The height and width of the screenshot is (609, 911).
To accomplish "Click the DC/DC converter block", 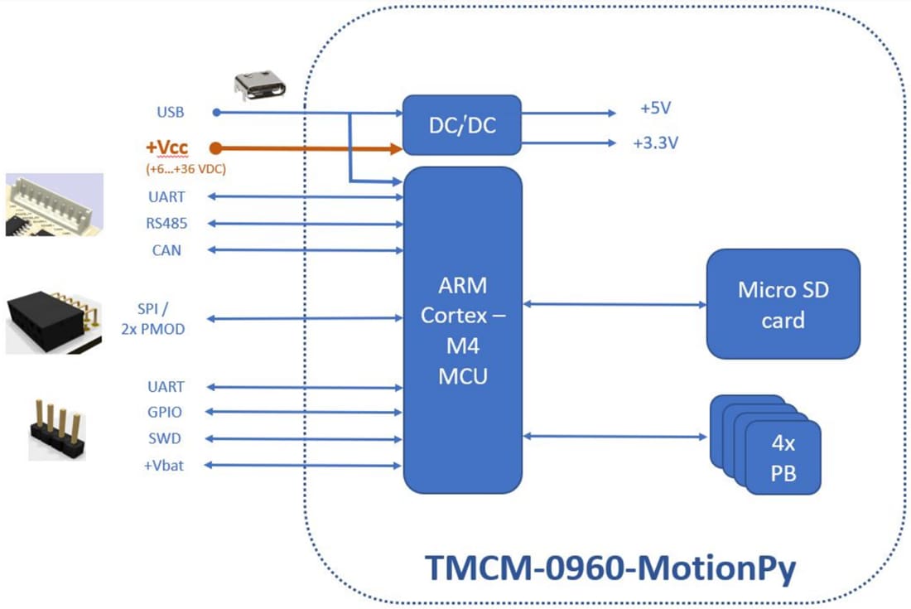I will tap(462, 125).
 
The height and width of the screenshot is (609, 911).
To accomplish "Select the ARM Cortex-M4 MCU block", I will tap(462, 330).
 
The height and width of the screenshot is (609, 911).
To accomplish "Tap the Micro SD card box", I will tap(783, 304).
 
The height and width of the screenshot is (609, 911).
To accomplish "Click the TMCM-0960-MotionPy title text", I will tap(610, 568).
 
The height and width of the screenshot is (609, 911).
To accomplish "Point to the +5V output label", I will tap(655, 109).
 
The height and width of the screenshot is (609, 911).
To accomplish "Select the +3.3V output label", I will tap(655, 143).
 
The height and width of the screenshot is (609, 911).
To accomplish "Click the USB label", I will tap(170, 112).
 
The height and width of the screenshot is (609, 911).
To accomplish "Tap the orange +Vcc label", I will tap(167, 147).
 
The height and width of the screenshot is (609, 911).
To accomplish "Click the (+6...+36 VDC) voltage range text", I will tap(186, 169).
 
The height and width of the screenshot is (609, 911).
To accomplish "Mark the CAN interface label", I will tap(166, 250).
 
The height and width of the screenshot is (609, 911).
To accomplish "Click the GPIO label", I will tap(166, 413).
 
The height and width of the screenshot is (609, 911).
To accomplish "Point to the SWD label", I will tap(166, 439).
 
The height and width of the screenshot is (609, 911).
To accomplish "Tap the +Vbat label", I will tap(163, 466).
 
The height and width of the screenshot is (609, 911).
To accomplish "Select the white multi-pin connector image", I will tap(55, 204).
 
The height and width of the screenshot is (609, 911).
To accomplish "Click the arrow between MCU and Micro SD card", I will tap(614, 304).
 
